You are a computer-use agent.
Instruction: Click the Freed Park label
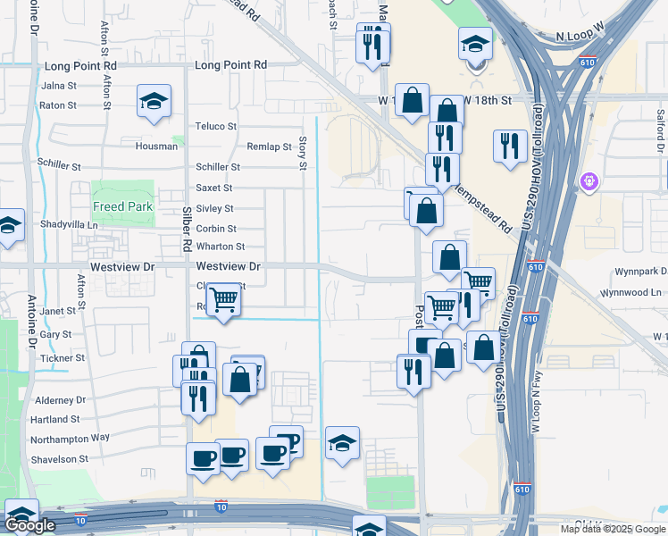click(123, 206)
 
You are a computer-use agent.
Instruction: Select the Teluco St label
click(215, 127)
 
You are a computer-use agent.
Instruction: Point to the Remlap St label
click(270, 147)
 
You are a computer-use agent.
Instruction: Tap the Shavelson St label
click(59, 459)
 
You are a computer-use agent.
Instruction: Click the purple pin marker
click(589, 182)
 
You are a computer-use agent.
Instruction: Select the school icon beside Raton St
click(154, 102)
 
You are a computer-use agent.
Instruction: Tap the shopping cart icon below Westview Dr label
click(222, 300)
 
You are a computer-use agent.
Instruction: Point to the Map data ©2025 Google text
click(612, 529)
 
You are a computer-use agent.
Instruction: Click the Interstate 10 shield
click(221, 507)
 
